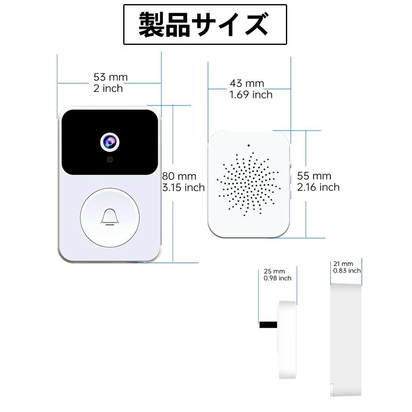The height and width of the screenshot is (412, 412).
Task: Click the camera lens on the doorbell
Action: click(110, 142)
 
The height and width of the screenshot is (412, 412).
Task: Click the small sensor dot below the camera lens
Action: click(110, 159)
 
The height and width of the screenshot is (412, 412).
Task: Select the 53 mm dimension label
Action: click(110, 77)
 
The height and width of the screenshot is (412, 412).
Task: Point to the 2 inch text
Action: click(108, 88)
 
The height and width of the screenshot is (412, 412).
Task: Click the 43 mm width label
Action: click(247, 83)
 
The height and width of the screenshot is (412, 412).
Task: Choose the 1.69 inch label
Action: click(251, 95)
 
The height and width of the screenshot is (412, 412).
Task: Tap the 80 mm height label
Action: click(179, 176)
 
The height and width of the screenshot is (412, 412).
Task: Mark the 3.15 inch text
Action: click(183, 187)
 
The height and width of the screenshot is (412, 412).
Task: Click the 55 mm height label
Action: click(314, 176)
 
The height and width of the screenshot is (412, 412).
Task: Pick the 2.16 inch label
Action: click(318, 187)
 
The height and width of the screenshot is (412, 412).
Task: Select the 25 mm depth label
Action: click(274, 271)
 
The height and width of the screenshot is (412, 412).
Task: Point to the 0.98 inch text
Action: click(277, 278)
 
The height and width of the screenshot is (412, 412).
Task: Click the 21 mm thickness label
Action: click(343, 264)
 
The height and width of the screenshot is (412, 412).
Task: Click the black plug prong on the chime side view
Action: click(268, 325)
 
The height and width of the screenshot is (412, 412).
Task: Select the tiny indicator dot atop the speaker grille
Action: click(248, 145)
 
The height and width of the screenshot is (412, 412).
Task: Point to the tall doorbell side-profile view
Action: click(346, 339)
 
